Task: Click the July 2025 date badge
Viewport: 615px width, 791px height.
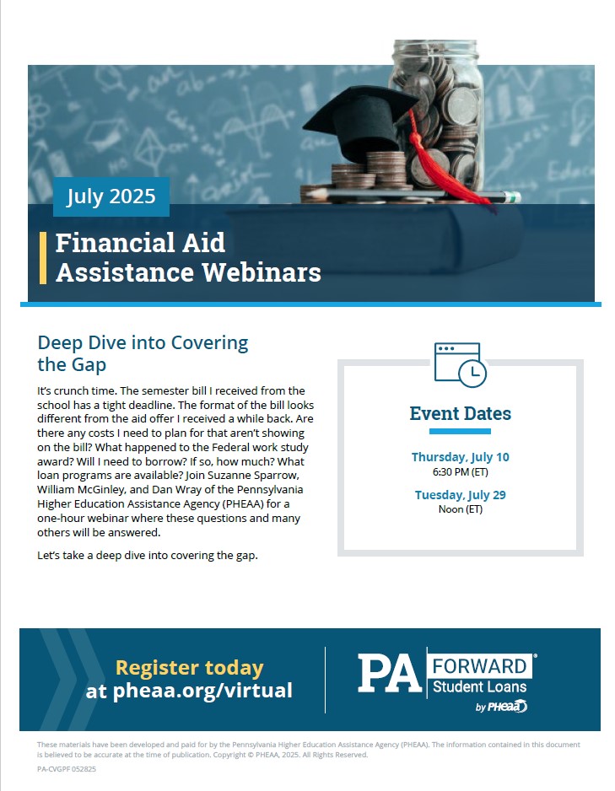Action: point(111,196)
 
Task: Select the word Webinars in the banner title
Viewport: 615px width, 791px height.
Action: point(262,272)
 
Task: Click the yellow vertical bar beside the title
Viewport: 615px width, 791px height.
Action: point(43,258)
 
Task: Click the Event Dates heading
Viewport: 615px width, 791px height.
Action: point(460,414)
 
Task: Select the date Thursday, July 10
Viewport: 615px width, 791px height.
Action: point(460,457)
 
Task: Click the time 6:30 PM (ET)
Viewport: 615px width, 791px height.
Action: point(460,472)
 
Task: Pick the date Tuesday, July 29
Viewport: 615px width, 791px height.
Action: point(460,495)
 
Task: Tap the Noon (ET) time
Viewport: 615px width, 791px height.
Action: point(460,509)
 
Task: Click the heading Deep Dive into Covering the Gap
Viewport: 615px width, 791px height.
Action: point(143,353)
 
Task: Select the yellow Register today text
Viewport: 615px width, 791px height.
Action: point(190,668)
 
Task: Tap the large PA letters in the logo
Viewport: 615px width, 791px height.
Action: point(390,674)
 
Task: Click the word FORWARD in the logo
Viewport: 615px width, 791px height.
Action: point(479,666)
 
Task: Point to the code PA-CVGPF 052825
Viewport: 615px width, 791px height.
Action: point(67,769)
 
